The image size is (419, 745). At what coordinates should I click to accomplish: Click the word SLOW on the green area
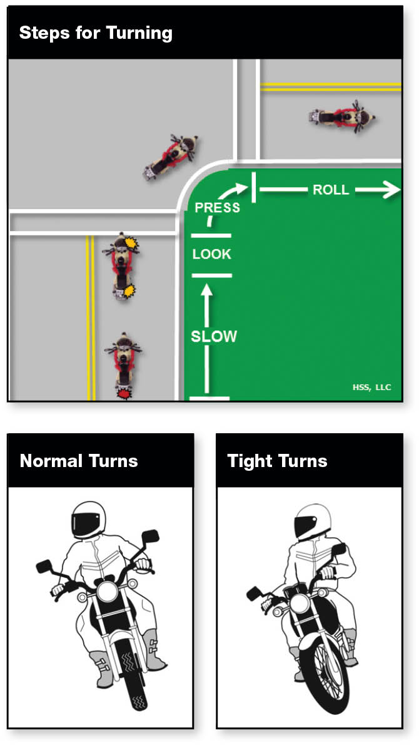[x=213, y=336]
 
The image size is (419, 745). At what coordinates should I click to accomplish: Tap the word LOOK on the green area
[x=211, y=254]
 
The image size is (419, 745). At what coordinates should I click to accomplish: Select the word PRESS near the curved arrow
[x=218, y=208]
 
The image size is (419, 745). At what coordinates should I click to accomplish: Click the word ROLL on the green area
[x=331, y=190]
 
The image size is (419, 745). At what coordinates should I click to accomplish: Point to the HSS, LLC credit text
[x=371, y=388]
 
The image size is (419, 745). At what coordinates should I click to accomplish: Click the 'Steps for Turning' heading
[x=96, y=33]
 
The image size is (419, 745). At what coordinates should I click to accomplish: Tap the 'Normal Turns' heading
[x=79, y=461]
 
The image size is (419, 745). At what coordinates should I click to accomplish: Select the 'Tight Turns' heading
[x=277, y=461]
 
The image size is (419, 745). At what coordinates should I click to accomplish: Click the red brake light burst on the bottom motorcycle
[x=124, y=394]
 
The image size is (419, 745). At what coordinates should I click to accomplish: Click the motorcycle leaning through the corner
[x=171, y=157]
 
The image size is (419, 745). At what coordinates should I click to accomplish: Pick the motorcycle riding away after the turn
[x=342, y=116]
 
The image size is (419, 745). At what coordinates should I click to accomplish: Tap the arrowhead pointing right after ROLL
[x=392, y=190]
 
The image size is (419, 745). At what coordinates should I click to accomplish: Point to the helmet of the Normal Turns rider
[x=88, y=520]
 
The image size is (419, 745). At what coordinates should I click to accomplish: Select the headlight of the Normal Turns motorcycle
[x=107, y=592]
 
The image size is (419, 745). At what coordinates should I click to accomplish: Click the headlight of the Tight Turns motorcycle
[x=300, y=604]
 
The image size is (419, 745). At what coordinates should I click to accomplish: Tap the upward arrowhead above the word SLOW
[x=206, y=290]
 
